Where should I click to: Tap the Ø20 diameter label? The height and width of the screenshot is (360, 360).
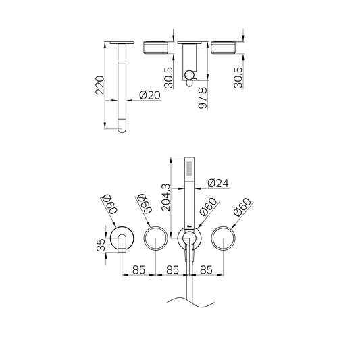149,95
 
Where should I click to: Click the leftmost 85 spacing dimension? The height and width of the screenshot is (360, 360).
138,269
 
